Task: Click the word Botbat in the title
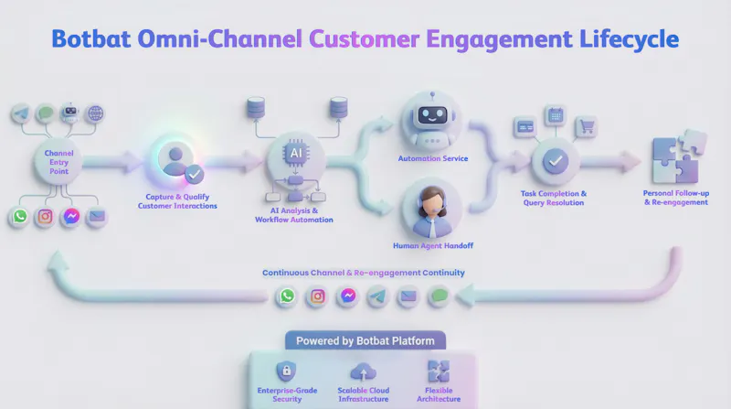coord(90,38)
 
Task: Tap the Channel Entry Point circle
coord(58,162)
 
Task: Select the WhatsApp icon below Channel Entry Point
coord(20,216)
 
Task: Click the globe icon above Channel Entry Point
coord(95,113)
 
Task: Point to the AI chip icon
coord(295,153)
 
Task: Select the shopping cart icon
coord(586,126)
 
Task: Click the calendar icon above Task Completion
coord(556,115)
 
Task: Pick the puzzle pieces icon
coord(679,156)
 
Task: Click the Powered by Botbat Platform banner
coord(365,340)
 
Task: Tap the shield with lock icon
coord(286,371)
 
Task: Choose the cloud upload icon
coord(363,372)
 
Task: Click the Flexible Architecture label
coord(439,394)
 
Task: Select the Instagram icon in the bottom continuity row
coord(317,296)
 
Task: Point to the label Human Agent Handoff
coord(433,245)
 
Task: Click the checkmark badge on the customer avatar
coord(194,175)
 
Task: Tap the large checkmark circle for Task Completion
coord(556,162)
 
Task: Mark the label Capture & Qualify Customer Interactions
coord(177,201)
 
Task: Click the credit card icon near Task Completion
coord(525,127)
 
